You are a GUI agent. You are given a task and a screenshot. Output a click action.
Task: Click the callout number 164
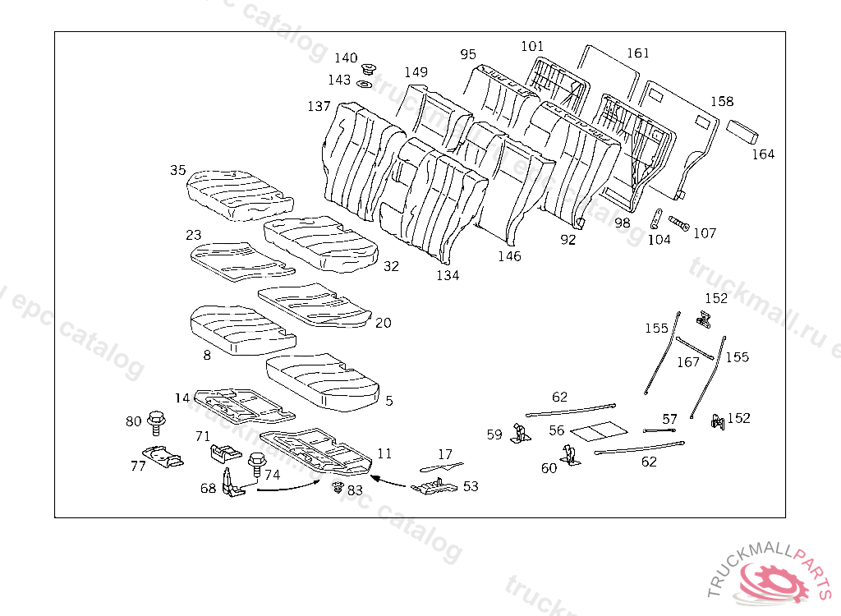point(763,154)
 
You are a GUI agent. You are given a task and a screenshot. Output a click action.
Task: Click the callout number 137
point(319,107)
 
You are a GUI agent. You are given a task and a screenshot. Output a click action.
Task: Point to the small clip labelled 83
point(337,487)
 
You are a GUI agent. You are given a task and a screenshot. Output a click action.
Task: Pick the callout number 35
point(178,171)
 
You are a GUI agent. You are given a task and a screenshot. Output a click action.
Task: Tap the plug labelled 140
point(368,68)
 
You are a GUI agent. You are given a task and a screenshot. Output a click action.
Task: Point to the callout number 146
point(509,256)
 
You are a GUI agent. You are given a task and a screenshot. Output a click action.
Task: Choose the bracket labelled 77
point(161,454)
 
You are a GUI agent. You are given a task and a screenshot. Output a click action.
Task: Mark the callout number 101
point(532,47)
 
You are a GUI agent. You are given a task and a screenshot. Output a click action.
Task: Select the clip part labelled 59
point(519,433)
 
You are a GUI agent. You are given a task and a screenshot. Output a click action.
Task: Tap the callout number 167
point(688,362)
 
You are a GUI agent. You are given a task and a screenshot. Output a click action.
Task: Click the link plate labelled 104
point(657,221)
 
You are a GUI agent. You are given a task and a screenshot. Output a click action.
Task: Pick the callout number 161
point(638,53)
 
